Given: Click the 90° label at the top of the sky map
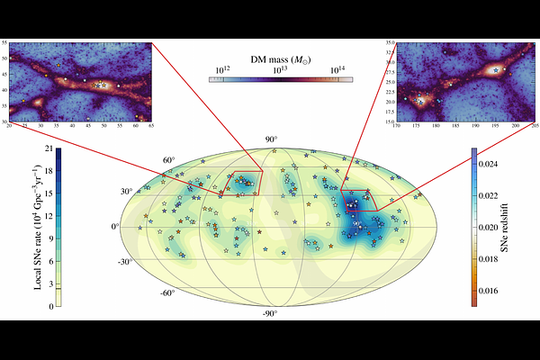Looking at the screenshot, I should (x=270, y=139).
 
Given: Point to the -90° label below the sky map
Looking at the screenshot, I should (x=270, y=313).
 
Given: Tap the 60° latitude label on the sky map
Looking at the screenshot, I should (x=167, y=160).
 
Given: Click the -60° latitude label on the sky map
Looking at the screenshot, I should (x=167, y=293).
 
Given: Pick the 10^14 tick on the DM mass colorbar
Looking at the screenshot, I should (x=337, y=69).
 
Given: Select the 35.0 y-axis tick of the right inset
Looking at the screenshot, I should (x=389, y=42).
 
